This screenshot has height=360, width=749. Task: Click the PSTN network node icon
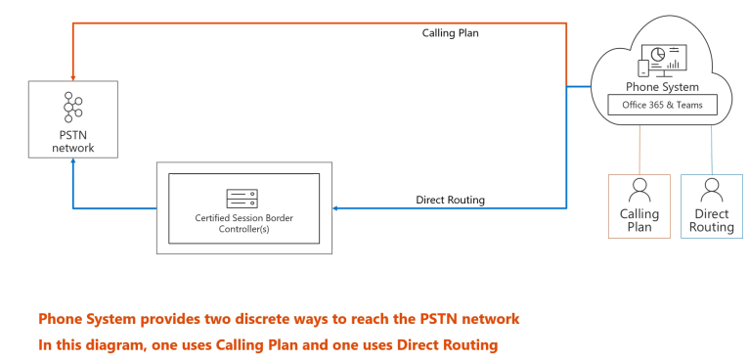click(72, 107)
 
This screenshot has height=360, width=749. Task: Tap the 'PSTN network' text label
click(72, 141)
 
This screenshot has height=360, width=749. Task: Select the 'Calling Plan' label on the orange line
click(450, 33)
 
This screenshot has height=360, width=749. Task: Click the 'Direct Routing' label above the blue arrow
click(451, 200)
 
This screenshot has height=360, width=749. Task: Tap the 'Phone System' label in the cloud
click(662, 87)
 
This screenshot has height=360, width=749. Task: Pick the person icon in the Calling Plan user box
click(639, 189)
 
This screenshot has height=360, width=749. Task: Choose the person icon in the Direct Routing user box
click(711, 189)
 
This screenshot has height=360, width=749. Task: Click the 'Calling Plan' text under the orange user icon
click(639, 220)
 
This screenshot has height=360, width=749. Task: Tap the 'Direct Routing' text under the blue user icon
click(711, 220)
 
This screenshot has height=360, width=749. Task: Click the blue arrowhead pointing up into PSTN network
click(72, 168)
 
